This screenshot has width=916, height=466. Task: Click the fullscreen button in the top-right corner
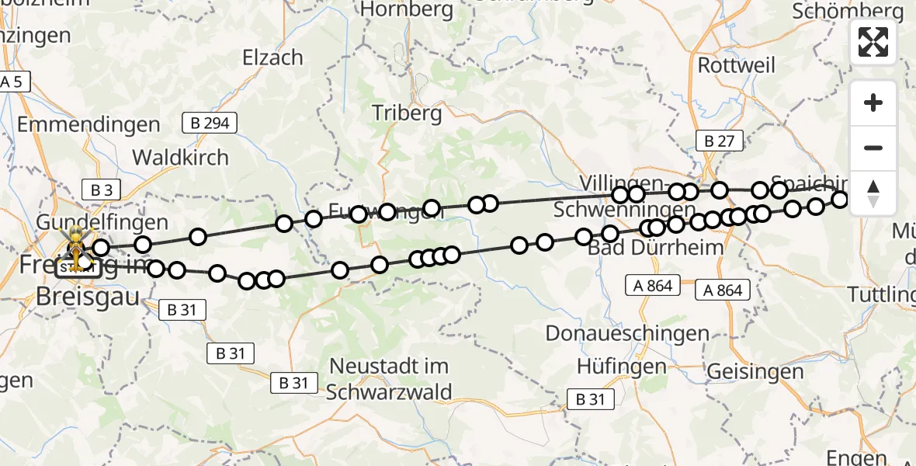[873, 42]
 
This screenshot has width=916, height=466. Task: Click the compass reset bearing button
[873, 193]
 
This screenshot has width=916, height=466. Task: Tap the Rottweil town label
[736, 64]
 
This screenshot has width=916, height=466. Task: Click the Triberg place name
[407, 113]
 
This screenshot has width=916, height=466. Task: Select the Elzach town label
[272, 57]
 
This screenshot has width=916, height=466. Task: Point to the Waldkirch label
[180, 157]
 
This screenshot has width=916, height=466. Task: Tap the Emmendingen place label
[88, 124]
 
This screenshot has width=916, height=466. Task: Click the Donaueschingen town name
[627, 333]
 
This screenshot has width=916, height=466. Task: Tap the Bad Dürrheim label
[644, 249]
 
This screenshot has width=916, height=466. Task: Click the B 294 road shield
[210, 122]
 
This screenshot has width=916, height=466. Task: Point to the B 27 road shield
[719, 141]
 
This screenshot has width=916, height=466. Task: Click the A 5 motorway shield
[13, 81]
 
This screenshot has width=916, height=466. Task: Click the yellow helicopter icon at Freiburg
[77, 243]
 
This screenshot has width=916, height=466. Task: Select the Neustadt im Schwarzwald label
[389, 378]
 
